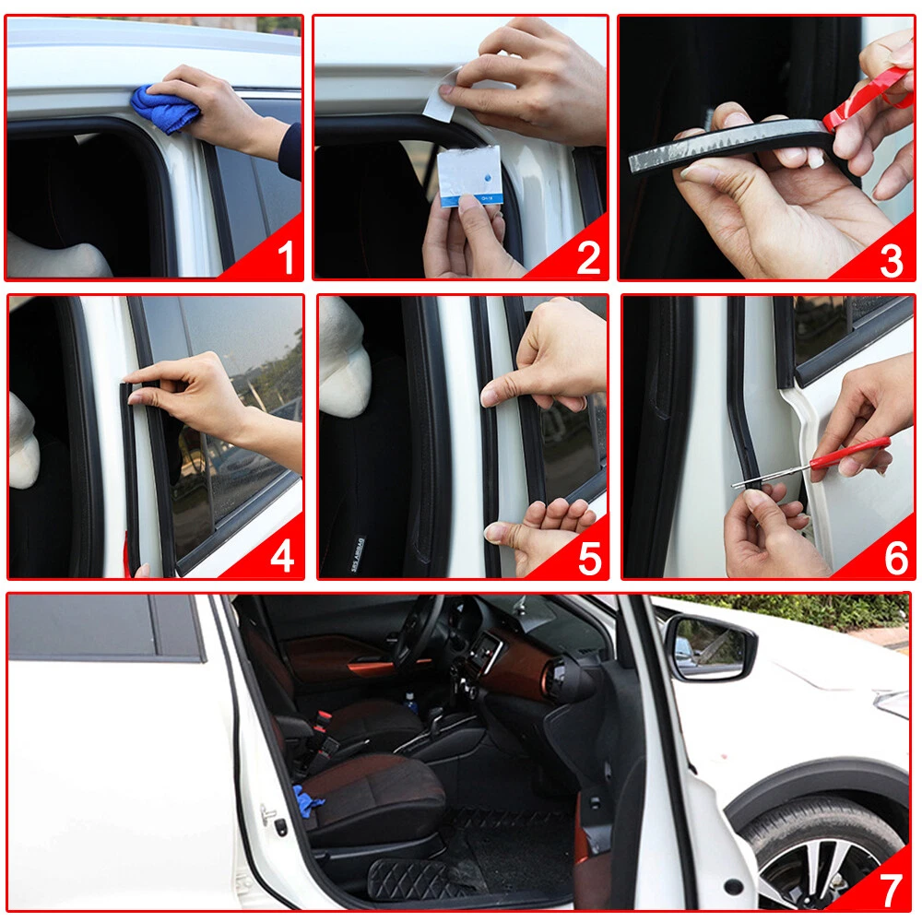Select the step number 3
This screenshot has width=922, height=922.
pyautogui.click(x=892, y=261)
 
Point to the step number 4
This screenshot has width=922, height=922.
pyautogui.click(x=282, y=556)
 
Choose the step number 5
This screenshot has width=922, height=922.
pyautogui.click(x=590, y=559)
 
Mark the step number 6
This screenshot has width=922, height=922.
pyautogui.click(x=896, y=558)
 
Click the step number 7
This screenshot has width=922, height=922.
pyautogui.click(x=891, y=891)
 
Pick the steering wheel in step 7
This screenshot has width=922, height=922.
pyautogui.click(x=419, y=635)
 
